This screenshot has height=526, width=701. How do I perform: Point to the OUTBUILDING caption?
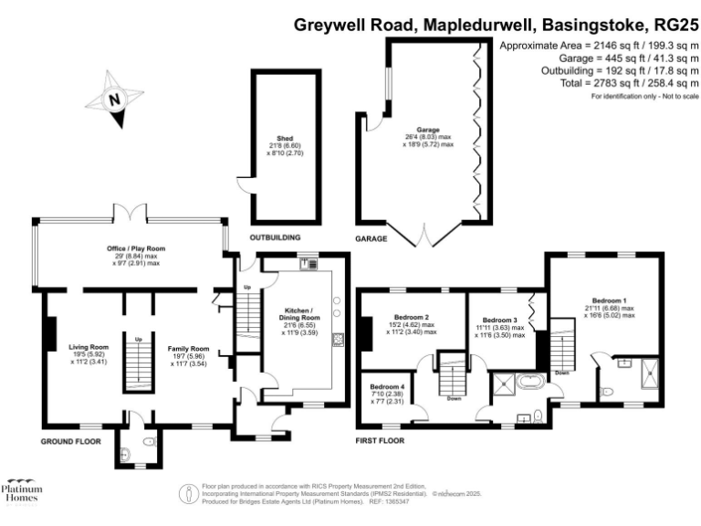point(278,238)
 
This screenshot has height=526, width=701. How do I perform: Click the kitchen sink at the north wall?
point(306,264)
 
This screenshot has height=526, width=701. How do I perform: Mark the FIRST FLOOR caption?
point(379,441)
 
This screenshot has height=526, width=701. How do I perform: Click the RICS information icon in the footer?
point(188,493)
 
